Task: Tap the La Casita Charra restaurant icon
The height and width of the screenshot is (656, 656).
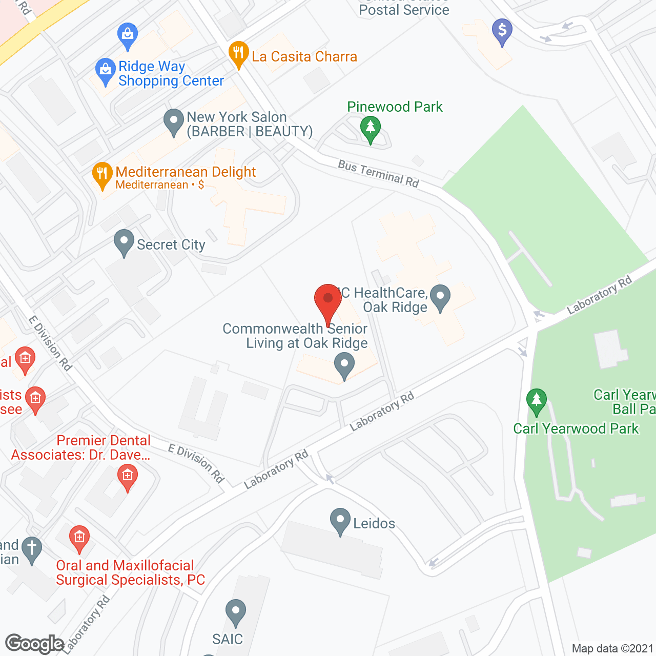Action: pyautogui.click(x=238, y=54)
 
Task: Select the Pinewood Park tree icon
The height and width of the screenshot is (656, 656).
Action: pyautogui.click(x=370, y=129)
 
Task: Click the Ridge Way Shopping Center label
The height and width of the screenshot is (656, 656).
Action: pyautogui.click(x=171, y=74)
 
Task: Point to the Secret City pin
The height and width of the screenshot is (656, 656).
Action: pyautogui.click(x=124, y=242)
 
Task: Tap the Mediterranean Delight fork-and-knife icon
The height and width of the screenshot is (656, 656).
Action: pyautogui.click(x=102, y=176)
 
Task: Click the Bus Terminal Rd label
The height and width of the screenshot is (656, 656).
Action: pyautogui.click(x=378, y=173)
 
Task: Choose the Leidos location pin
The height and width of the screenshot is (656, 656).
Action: pyautogui.click(x=340, y=521)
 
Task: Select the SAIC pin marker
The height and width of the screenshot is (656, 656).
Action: pyautogui.click(x=236, y=612)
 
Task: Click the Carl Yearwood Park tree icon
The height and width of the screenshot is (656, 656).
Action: pyautogui.click(x=536, y=401)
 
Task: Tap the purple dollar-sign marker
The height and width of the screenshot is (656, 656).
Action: pyautogui.click(x=502, y=32)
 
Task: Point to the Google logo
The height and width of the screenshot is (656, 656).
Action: pyautogui.click(x=34, y=644)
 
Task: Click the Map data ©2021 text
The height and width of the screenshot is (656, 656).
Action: pyautogui.click(x=612, y=649)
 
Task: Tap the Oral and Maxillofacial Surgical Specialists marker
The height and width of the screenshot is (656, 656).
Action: pyautogui.click(x=79, y=539)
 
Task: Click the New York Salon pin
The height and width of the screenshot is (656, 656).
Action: pyautogui.click(x=174, y=122)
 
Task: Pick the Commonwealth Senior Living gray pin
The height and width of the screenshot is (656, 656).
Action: pyautogui.click(x=344, y=365)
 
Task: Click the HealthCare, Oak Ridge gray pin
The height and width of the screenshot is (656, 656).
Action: pyautogui.click(x=440, y=298)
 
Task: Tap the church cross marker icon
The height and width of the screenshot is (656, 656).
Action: pyautogui.click(x=32, y=549)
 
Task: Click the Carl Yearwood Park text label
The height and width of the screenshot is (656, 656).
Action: pyautogui.click(x=576, y=428)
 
